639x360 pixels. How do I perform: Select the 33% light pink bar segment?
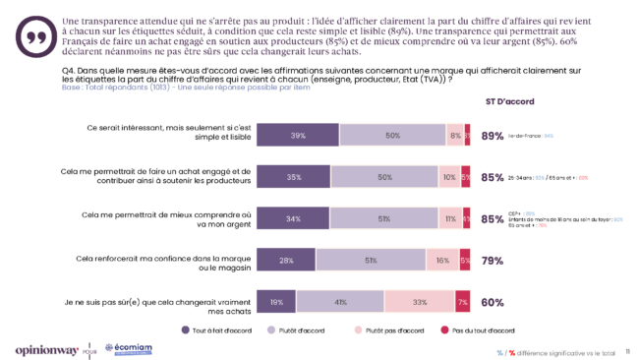[419, 302]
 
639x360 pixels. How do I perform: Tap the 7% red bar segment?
[462, 302]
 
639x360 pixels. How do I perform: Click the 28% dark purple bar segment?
[285, 260]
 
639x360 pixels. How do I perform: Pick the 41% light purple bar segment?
[340, 302]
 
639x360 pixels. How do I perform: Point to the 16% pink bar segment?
[442, 260]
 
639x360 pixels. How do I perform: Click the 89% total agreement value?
[493, 136]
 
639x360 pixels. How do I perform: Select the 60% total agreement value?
[493, 302]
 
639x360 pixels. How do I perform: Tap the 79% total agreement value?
[493, 260]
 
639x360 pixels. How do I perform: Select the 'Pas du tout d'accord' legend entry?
[480, 330]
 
